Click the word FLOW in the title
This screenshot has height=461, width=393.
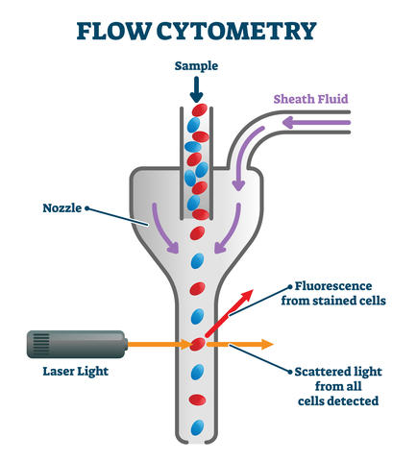[113, 31]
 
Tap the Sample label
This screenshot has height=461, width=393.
[196, 67]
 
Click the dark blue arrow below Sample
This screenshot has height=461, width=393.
[196, 90]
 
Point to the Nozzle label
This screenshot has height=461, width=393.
[62, 206]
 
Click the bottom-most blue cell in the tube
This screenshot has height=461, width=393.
[197, 425]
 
